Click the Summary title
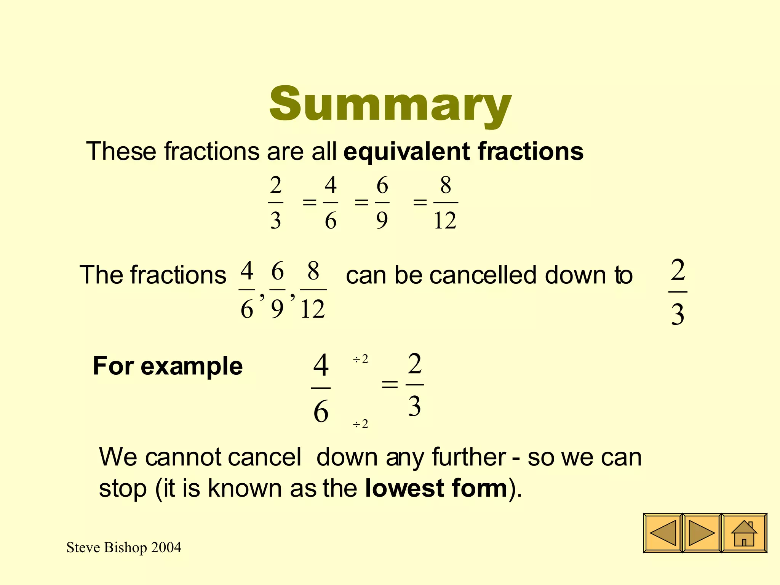pyautogui.click(x=390, y=104)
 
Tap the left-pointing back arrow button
pyautogui.click(x=663, y=533)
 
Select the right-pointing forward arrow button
pyautogui.click(x=702, y=533)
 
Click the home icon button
pyautogui.click(x=744, y=533)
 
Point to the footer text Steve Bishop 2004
pyautogui.click(x=124, y=548)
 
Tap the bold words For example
pyautogui.click(x=168, y=366)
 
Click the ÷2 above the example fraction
pyautogui.click(x=360, y=359)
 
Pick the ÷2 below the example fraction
pyautogui.click(x=360, y=424)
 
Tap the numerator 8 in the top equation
pyautogui.click(x=446, y=185)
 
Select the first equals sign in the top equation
pyautogui.click(x=309, y=202)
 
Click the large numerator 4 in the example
pyautogui.click(x=321, y=365)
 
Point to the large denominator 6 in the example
pyautogui.click(x=321, y=412)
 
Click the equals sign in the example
pyautogui.click(x=389, y=385)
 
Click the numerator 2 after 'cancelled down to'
pyautogui.click(x=678, y=270)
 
